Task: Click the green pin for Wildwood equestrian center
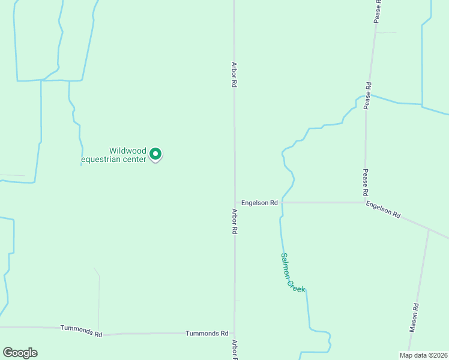[x=155, y=155]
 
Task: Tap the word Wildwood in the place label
[x=127, y=151]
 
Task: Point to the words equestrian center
[x=114, y=160]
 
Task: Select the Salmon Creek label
[x=292, y=273]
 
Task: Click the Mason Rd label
[x=414, y=318]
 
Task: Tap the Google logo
[x=20, y=353]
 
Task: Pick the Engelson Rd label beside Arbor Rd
[x=259, y=203]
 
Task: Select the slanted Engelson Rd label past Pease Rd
[x=383, y=209]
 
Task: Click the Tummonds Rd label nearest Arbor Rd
[x=207, y=333]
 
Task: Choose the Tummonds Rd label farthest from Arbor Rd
[x=82, y=330]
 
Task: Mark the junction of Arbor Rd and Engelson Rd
[x=234, y=203]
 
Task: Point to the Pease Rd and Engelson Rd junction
[x=365, y=202]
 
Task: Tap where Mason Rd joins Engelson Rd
[x=429, y=229]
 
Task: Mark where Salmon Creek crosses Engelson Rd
[x=282, y=202]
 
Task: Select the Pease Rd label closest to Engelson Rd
[x=365, y=182]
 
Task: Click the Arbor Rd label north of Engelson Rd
[x=234, y=74]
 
